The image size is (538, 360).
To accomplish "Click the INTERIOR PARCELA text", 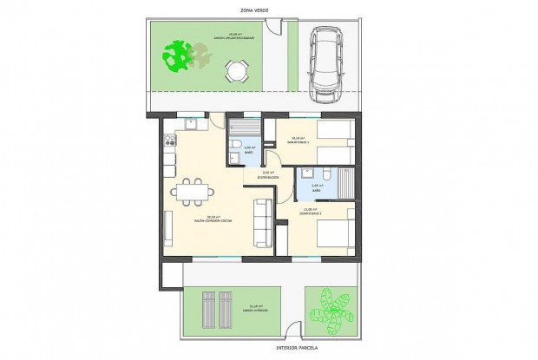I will (268, 349).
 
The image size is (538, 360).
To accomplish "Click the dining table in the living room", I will (189, 190).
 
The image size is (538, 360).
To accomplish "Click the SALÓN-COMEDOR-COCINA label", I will (209, 219).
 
